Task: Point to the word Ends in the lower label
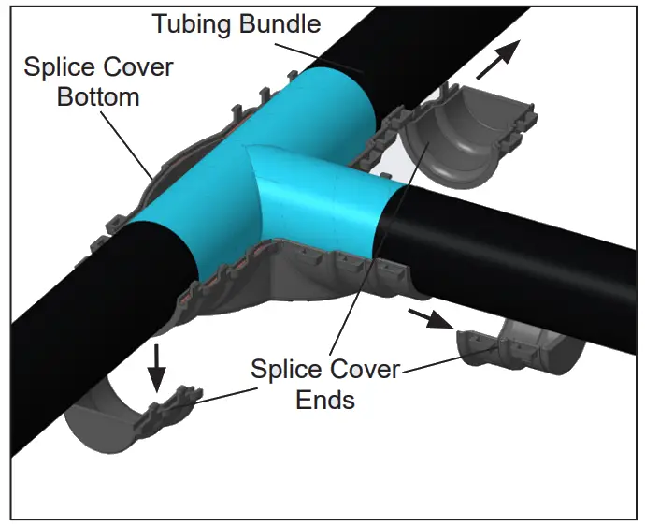(325, 400)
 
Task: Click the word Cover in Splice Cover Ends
(361, 369)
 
